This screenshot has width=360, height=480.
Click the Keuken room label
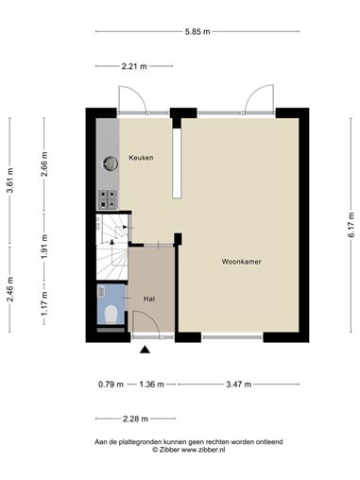coord(141,158)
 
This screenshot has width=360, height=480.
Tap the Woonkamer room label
coord(242,262)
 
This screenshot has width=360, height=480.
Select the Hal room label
coord(149,299)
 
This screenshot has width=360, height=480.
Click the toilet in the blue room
coord(111,314)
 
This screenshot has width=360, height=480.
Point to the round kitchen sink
coord(111,163)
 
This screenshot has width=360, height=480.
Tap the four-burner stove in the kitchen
coord(108,199)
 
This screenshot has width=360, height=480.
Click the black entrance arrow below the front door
coord(145,350)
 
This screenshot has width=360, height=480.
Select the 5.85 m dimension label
coord(197,31)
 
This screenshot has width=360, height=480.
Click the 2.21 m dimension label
coord(134,66)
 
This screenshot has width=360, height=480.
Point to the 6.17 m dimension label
coord(351,225)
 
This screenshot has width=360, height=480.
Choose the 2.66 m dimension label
coord(44,164)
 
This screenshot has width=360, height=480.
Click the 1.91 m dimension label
coord(44,247)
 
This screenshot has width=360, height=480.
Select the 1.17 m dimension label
coord(44,303)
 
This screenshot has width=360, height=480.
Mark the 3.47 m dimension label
coord(239,385)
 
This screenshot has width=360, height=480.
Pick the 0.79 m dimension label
coord(111,385)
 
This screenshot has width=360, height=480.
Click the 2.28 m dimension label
coord(135,419)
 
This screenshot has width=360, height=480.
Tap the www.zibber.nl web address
coord(203,450)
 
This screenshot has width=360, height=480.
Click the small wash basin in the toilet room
coord(101,291)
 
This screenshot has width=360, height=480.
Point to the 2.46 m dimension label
coord(10,289)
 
